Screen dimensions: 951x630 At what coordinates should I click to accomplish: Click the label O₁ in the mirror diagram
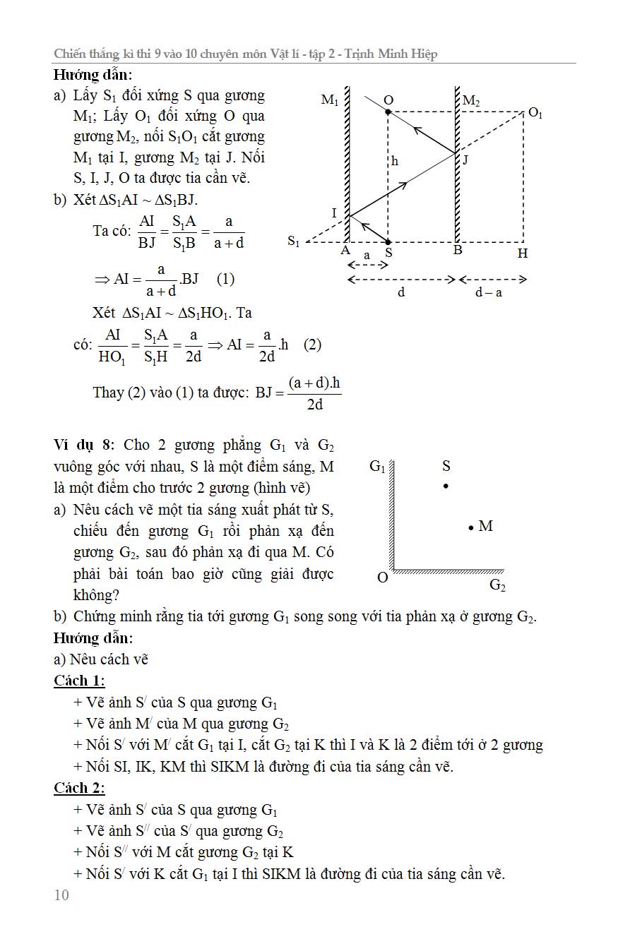[x=535, y=113]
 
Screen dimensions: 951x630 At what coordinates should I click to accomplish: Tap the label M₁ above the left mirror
[x=329, y=100]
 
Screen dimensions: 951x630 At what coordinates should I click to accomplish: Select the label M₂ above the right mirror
[x=471, y=102]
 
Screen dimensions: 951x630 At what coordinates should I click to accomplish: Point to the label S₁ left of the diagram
[x=293, y=242]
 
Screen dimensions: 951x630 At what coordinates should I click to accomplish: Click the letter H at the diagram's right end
[x=522, y=253]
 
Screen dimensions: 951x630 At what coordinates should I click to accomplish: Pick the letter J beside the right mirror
[x=465, y=160]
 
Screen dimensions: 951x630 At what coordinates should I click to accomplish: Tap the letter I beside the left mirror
[x=334, y=213]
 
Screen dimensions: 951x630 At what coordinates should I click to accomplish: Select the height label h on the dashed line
[x=395, y=161]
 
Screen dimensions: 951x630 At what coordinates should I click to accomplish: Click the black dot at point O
[x=388, y=112]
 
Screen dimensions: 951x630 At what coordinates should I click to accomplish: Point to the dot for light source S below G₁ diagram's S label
[x=446, y=486]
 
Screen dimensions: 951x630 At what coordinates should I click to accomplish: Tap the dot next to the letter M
[x=470, y=527]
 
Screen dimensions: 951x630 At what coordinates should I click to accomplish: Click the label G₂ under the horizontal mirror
[x=497, y=585]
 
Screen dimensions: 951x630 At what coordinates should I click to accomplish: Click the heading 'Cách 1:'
[x=79, y=681]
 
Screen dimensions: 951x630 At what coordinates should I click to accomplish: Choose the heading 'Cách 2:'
[x=79, y=788]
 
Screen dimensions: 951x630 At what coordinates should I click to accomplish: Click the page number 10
[x=61, y=895]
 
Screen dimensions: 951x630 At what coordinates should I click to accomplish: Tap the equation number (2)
[x=312, y=345]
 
